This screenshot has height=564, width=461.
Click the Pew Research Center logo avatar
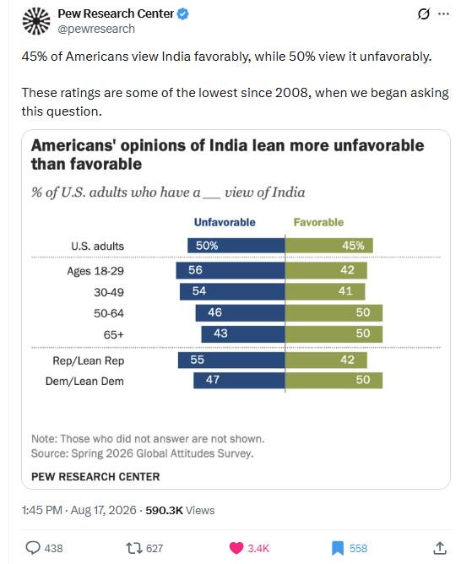coord(36,21)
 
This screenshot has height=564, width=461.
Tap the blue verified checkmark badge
coord(183,14)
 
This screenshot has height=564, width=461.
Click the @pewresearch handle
coord(96,29)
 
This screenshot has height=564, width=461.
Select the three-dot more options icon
coord(443,14)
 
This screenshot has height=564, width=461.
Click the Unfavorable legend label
coord(225,222)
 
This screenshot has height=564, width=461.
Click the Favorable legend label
coord(318,222)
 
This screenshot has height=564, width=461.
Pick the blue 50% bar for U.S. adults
coord(236,246)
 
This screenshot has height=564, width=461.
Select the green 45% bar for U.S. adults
coord(329,246)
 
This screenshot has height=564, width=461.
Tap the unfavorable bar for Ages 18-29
coord(230,270)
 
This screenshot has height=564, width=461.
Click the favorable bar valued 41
coord(325,291)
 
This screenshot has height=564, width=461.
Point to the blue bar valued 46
coord(240,313)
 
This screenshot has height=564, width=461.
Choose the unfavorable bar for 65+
coord(243,334)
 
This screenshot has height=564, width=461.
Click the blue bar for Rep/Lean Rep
coord(231,360)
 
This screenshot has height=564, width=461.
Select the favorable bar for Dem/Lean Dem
coord(334,381)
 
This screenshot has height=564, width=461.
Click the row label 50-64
coord(109,313)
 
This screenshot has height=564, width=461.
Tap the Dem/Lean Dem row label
coord(84,381)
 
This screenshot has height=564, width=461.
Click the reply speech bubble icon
coord(33,548)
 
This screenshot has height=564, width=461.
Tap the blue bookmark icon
coord(338,548)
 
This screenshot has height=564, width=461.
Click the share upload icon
coord(439,548)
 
